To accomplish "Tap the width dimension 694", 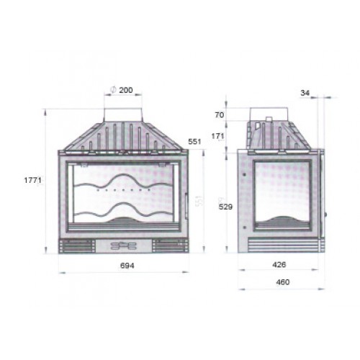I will (125, 265).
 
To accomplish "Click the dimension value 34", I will (307, 92).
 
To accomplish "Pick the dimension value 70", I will (219, 115).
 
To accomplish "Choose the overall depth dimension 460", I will (282, 282).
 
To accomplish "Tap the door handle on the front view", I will (187, 203).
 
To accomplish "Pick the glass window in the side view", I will (281, 194).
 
